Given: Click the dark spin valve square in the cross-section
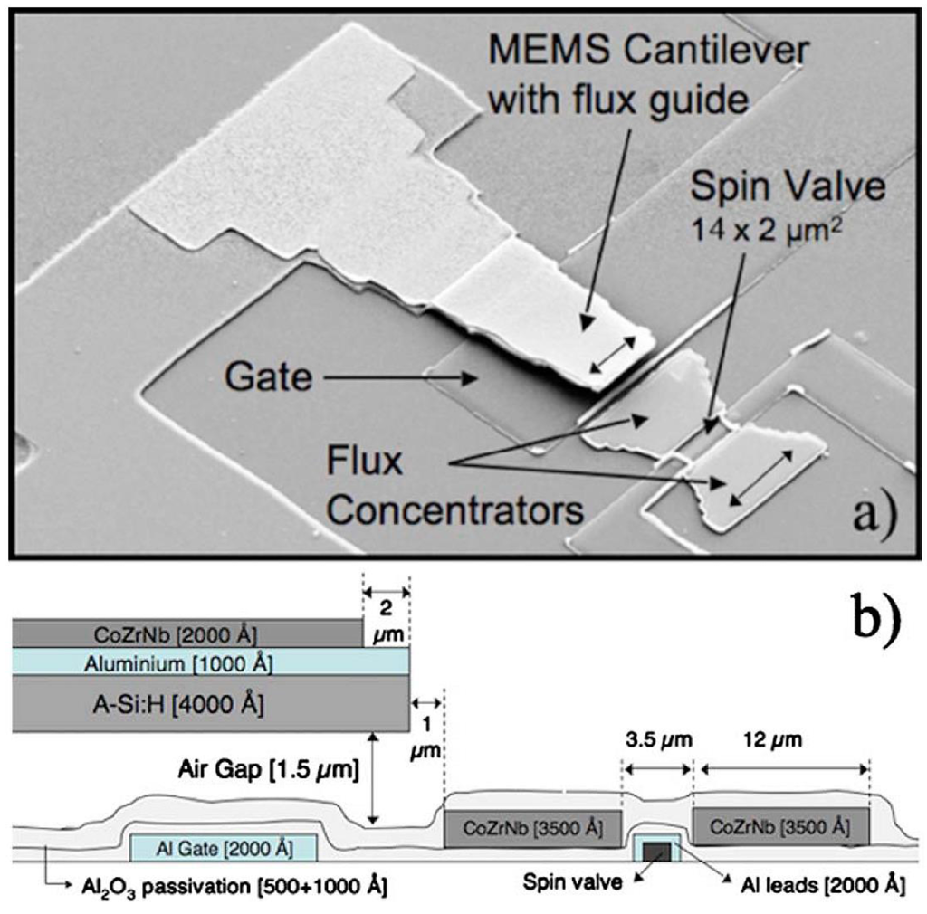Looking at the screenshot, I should point(657,851).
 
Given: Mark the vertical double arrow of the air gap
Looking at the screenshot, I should point(373,778).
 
